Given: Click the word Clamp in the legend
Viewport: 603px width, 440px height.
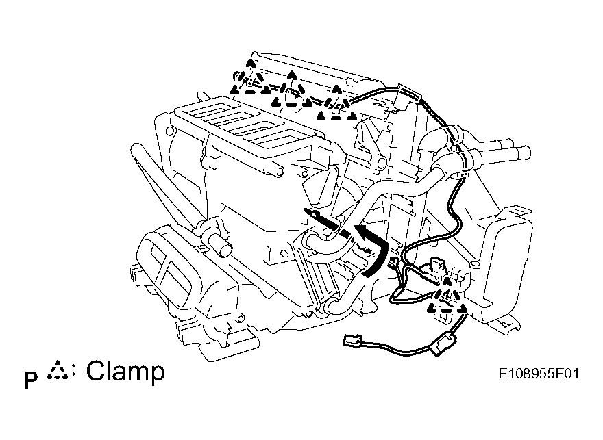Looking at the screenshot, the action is tap(125, 372).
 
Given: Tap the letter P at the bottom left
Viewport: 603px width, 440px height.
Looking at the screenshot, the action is tap(31, 380).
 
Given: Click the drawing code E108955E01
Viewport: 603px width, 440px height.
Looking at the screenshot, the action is tap(539, 374).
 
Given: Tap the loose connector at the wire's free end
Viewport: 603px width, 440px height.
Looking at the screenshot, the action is tap(352, 341).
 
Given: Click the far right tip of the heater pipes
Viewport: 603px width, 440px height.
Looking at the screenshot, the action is tap(527, 153).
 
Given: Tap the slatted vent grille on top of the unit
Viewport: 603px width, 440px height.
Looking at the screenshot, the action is tap(246, 123).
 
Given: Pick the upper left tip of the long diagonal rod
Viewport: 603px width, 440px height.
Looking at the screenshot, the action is tap(134, 146).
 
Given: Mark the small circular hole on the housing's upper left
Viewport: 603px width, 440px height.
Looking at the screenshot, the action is tap(169, 131).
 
